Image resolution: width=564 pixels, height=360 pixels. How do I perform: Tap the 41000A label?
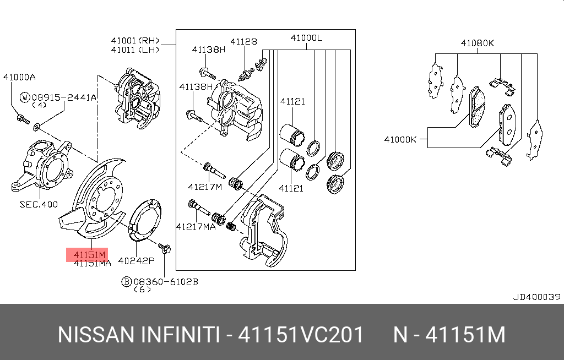[19, 77]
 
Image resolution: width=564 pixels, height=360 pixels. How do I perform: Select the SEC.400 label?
[38, 204]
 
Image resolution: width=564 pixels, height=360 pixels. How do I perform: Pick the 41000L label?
[306, 38]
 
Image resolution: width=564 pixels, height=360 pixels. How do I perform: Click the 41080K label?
[478, 42]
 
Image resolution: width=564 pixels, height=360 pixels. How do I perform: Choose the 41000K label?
[400, 140]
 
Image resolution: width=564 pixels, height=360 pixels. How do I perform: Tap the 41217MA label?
[196, 226]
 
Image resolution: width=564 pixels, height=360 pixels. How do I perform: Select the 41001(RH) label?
[135, 40]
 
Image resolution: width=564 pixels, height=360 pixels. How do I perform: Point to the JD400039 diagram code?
[536, 297]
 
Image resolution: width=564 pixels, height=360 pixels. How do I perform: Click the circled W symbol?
[25, 97]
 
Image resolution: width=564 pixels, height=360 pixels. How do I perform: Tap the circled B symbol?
[126, 282]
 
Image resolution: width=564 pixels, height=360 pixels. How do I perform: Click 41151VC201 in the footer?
[301, 335]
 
